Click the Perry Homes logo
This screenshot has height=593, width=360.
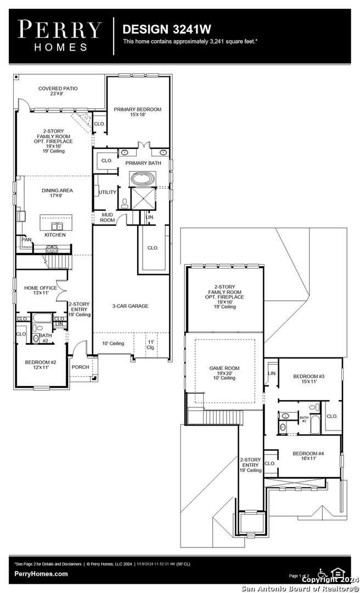tap(59, 36)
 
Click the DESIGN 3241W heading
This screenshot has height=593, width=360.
tap(166, 29)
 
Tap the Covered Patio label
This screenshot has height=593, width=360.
tap(58, 91)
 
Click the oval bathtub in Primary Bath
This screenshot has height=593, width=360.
tap(143, 179)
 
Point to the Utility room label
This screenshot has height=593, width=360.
tap(108, 192)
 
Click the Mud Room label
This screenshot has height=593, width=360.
tap(108, 217)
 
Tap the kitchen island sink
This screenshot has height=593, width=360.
tap(56, 226)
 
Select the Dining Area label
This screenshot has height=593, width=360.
tap(57, 193)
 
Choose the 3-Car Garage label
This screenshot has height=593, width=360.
tap(130, 306)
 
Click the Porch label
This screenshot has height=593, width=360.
tap(80, 367)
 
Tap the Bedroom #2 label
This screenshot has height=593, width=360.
tap(40, 365)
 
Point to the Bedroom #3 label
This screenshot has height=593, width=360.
tap(308, 379)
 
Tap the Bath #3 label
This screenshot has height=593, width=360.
tap(303, 419)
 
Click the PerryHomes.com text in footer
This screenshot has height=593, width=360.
tap(42, 574)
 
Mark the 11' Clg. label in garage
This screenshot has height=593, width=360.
tap(151, 344)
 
